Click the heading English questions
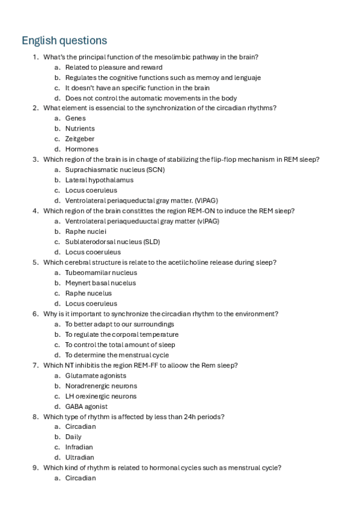coord(64,40)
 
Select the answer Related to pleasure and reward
coord(114,67)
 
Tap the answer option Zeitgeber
coord(79,139)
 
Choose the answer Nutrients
coord(80,129)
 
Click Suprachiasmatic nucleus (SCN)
coord(115,170)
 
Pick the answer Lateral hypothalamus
coord(99,180)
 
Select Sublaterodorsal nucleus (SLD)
coord(112,242)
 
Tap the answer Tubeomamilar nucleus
coord(101,272)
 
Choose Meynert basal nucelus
coord(100,283)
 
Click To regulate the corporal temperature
coord(121,334)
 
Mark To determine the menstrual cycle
coord(117,355)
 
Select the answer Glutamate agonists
coord(96,376)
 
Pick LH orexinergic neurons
coord(101,396)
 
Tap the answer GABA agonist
coord(87,407)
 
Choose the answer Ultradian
coord(79,458)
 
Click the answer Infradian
coord(79,447)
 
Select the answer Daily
coord(73,437)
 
